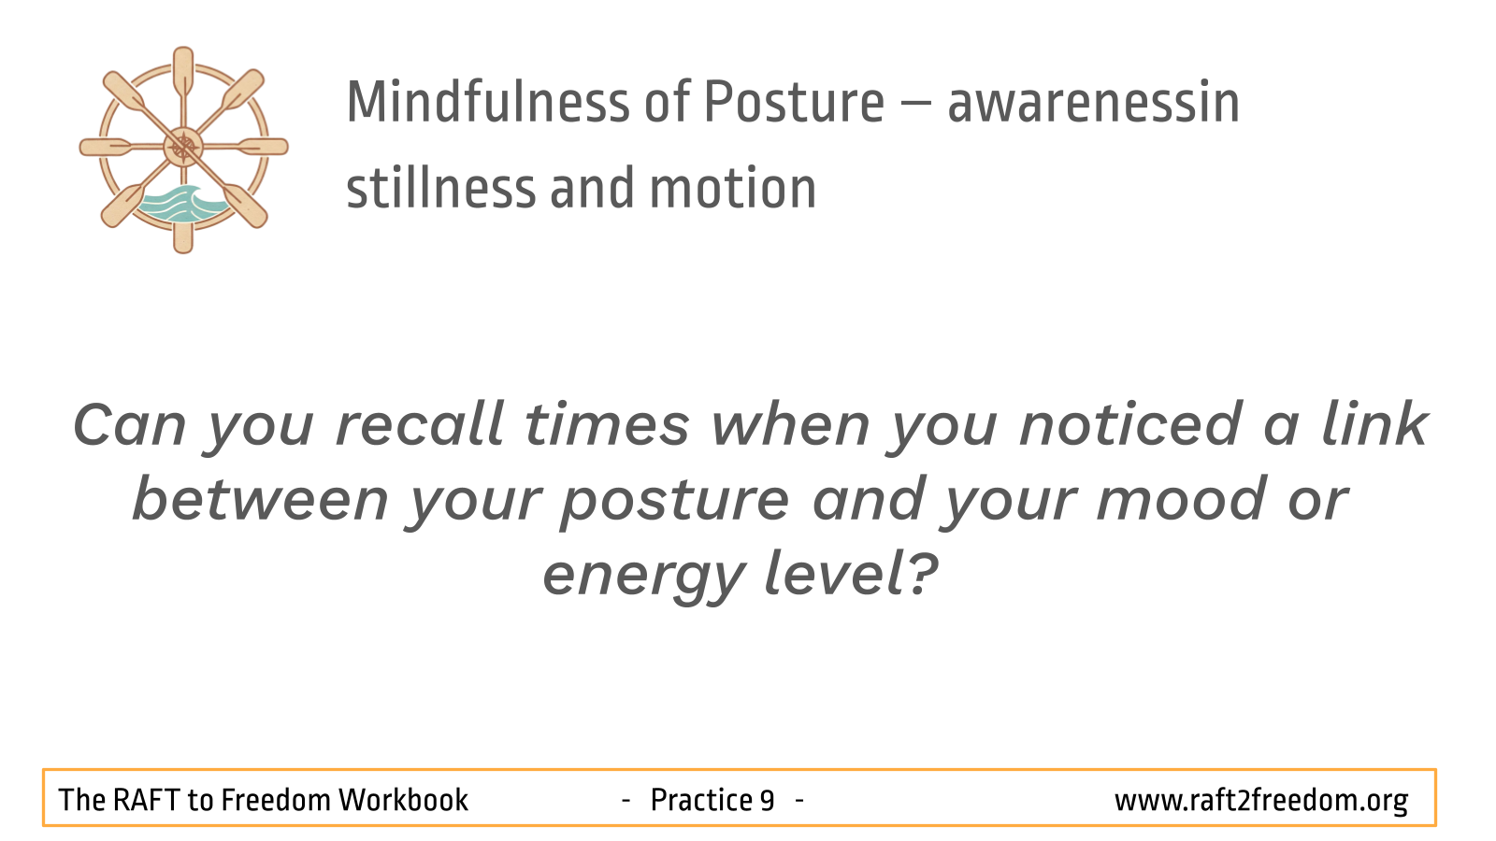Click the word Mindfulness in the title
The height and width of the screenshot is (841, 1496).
click(x=488, y=102)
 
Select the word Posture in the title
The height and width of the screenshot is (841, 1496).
click(x=794, y=102)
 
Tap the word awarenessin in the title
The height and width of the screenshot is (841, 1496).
click(x=1093, y=104)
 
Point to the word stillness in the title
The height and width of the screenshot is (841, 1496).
click(x=441, y=188)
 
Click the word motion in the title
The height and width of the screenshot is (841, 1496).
click(x=733, y=189)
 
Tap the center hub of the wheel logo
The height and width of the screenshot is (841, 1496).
click(x=183, y=147)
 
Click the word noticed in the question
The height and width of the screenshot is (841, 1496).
click(x=1130, y=423)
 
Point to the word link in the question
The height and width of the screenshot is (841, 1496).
click(x=1374, y=423)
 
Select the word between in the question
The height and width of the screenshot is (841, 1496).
click(x=261, y=499)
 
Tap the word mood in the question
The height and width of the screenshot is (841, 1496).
click(x=1180, y=499)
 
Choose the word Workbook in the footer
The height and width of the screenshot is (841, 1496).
click(x=403, y=800)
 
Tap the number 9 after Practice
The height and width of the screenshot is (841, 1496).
click(x=767, y=800)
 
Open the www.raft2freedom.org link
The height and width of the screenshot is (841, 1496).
click(x=1261, y=801)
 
